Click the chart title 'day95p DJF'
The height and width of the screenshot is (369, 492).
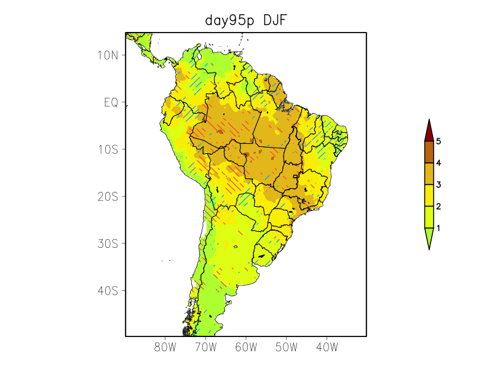pos(246,21)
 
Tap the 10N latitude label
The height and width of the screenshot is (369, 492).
pos(108,55)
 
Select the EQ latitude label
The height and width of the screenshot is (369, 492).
pos(111,102)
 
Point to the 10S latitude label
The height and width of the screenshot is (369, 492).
pos(108,149)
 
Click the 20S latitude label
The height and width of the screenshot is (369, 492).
pos(108,196)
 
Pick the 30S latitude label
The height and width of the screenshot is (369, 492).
pos(108,244)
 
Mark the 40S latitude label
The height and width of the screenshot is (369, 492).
pos(108,290)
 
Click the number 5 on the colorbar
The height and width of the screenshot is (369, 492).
pos(438,141)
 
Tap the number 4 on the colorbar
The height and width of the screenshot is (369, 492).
pos(438,163)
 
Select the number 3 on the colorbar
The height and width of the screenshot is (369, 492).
pos(438,184)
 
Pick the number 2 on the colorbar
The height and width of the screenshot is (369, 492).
pos(438,206)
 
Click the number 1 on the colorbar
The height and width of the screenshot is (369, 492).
pos(438,228)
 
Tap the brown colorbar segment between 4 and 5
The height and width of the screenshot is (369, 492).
pos(429,152)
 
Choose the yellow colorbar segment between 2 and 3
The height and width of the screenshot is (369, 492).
pos(429,195)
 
